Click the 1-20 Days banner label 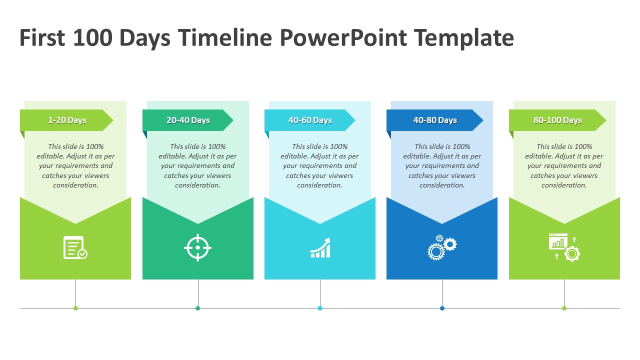point(67,120)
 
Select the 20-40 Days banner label point(188,120)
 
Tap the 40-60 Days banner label point(310,120)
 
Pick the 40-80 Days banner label point(435,120)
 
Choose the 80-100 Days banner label point(557,120)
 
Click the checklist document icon point(75,247)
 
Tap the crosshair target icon point(197,247)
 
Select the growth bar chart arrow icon point(320,247)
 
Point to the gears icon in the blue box point(442,247)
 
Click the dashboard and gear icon point(564,247)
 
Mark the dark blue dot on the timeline point(442,308)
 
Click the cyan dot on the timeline point(320,308)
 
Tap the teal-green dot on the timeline point(197,308)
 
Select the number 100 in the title point(92,37)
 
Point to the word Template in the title point(464,38)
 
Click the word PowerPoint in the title point(343,37)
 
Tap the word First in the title point(42,37)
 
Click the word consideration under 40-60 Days point(319,185)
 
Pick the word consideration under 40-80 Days point(442,185)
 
